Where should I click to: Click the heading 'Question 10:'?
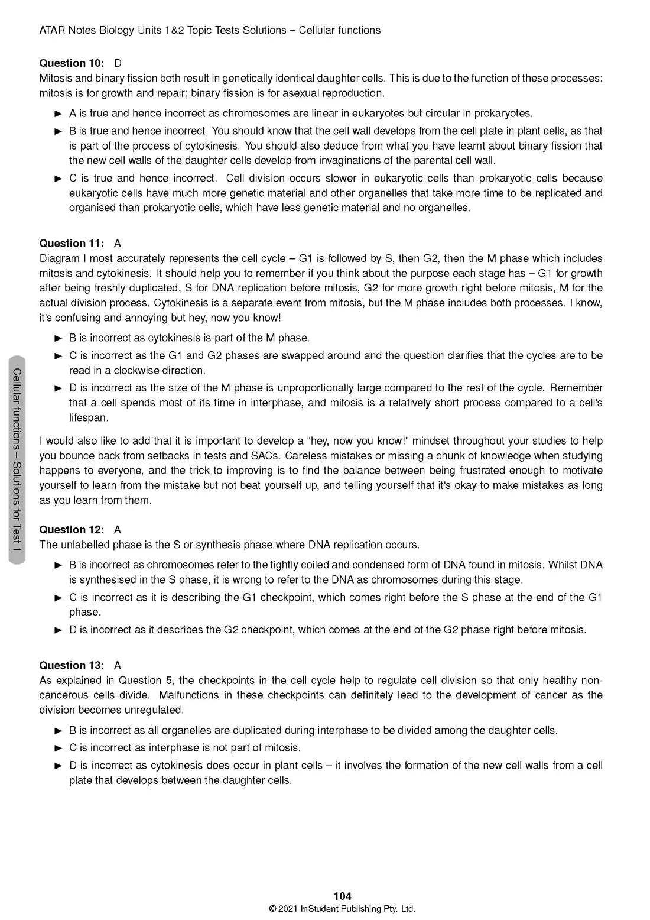click(x=71, y=63)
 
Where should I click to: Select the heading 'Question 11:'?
click(x=71, y=244)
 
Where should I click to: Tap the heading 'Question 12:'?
click(x=71, y=530)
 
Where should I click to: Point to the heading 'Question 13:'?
click(x=71, y=665)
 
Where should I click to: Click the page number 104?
click(x=342, y=896)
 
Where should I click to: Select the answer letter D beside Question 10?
click(x=118, y=63)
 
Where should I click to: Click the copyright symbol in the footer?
click(x=273, y=909)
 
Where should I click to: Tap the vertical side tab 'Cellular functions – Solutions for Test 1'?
click(x=17, y=460)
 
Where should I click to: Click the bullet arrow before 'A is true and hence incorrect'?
click(x=58, y=114)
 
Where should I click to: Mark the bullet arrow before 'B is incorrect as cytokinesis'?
click(x=58, y=338)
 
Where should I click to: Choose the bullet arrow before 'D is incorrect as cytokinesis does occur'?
click(x=58, y=766)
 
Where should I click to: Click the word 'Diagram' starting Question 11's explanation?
click(x=59, y=258)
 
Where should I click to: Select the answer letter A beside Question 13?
click(x=118, y=665)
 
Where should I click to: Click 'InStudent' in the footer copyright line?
click(x=321, y=909)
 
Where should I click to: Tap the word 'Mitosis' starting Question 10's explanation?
click(x=57, y=78)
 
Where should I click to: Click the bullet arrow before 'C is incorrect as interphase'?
click(x=58, y=748)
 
